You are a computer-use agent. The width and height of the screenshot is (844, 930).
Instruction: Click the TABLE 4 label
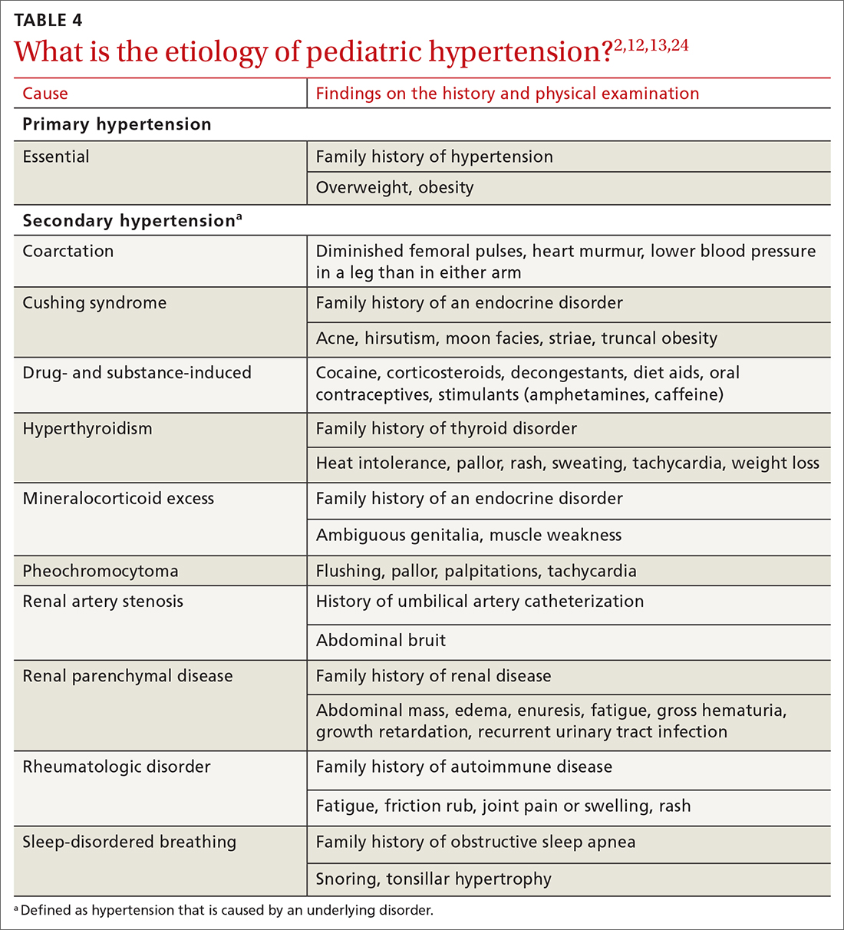click(48, 20)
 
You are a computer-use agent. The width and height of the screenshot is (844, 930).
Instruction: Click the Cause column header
click(45, 94)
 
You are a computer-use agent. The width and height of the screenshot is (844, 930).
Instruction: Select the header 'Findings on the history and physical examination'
click(507, 94)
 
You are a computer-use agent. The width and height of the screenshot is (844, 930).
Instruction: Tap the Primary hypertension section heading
click(117, 124)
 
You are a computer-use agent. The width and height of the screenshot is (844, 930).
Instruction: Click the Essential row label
click(56, 157)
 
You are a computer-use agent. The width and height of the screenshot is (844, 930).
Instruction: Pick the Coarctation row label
click(68, 251)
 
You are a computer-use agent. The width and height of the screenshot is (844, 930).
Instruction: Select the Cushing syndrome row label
click(94, 302)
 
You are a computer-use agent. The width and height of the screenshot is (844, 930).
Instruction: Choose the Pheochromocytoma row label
click(101, 571)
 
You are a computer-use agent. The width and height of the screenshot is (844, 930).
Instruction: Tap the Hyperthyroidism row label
click(87, 428)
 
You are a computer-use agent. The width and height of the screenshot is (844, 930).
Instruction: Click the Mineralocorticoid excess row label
click(118, 498)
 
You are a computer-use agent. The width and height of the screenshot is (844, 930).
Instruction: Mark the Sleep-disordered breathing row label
click(130, 842)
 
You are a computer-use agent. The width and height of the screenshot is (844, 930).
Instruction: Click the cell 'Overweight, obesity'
click(394, 188)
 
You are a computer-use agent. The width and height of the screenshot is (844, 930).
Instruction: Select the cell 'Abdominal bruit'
click(381, 641)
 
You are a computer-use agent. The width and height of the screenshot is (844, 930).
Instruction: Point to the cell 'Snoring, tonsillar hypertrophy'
click(434, 879)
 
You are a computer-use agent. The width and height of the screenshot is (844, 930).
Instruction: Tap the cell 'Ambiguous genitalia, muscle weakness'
click(469, 536)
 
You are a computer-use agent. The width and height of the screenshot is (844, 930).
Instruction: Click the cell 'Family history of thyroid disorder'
click(446, 428)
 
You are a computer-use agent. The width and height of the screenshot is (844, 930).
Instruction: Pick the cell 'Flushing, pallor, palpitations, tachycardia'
click(476, 571)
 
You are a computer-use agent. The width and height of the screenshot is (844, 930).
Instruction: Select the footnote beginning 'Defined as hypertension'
click(223, 911)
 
